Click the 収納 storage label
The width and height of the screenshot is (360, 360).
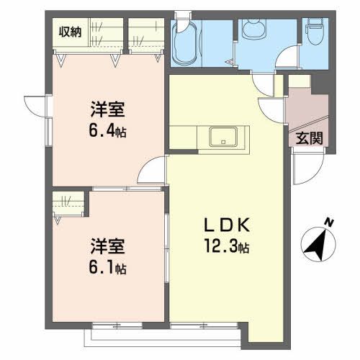pyautogui.click(x=70, y=31)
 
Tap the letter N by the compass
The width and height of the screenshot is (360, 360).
pyautogui.click(x=328, y=222)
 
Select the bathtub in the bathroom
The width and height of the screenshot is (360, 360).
pyautogui.click(x=186, y=45)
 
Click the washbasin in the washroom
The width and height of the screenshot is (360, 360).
pyautogui.click(x=253, y=29)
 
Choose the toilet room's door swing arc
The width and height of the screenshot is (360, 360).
pyautogui.click(x=289, y=58)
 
